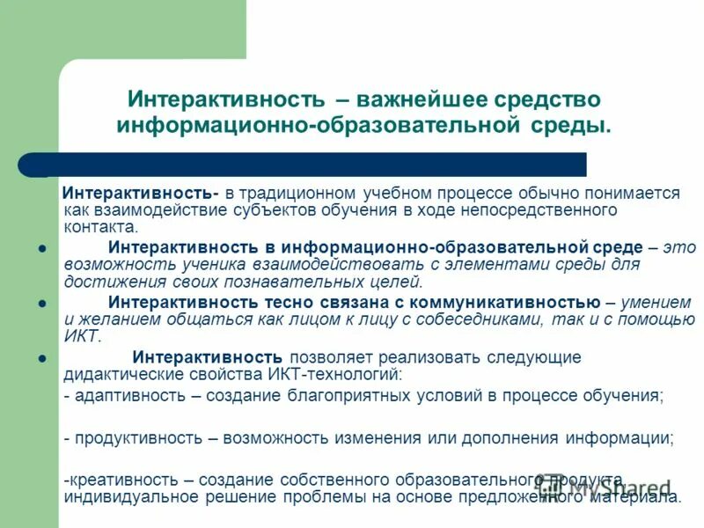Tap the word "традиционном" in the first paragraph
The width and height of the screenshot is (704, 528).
click(306, 194)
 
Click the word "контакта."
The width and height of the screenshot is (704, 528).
click(94, 226)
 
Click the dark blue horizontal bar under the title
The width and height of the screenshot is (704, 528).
click(308, 165)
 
